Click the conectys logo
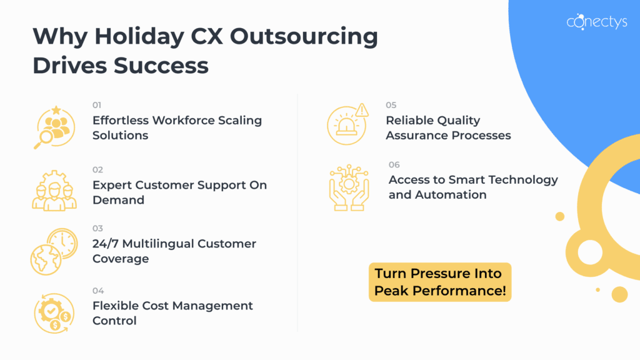(x=597, y=22)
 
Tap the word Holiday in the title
(x=139, y=37)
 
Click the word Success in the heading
(x=161, y=65)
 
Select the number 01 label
(x=97, y=105)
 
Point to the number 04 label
(x=98, y=291)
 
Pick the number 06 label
(x=394, y=164)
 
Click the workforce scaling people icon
(x=54, y=127)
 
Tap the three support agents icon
(x=54, y=191)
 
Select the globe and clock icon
(x=54, y=251)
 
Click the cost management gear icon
(x=54, y=313)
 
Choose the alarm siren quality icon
(x=347, y=124)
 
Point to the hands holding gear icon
(x=349, y=187)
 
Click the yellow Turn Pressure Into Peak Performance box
(x=440, y=282)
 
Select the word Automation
(x=451, y=195)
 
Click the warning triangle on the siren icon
(x=362, y=110)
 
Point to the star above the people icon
(x=56, y=110)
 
